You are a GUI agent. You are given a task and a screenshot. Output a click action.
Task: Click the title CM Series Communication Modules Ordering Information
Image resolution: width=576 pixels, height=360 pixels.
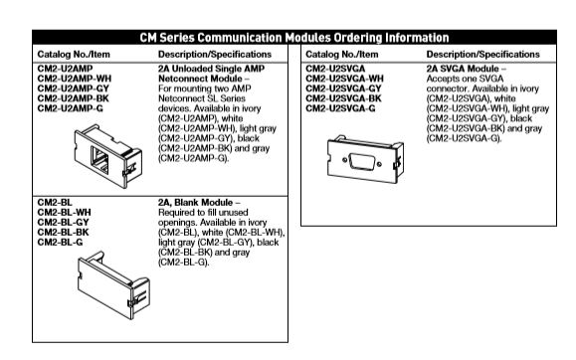click(288, 37)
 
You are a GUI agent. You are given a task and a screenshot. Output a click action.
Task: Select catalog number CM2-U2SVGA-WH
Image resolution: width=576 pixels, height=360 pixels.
click(344, 77)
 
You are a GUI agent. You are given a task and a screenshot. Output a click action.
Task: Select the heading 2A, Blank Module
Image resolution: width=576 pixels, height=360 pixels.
click(195, 202)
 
